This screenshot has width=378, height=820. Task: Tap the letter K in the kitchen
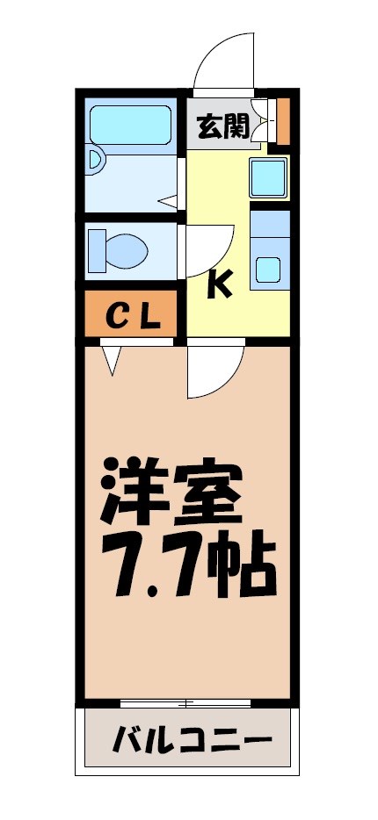[x=220, y=284]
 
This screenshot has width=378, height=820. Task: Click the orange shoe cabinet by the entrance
[x=282, y=120]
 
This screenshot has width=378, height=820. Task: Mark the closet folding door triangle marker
[x=112, y=359]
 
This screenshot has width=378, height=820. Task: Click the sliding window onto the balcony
[x=185, y=701]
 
